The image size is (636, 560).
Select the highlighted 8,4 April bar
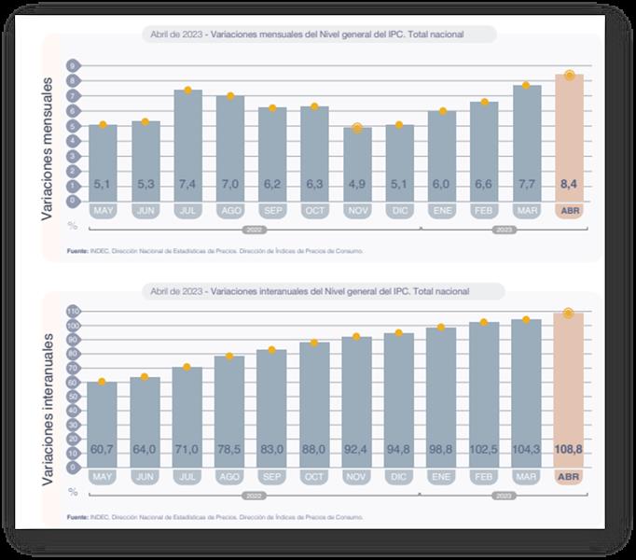570,140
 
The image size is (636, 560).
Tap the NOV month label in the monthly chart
356,212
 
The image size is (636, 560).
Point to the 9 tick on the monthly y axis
72,66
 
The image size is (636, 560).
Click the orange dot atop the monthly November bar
356,128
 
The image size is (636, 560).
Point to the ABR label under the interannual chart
570,477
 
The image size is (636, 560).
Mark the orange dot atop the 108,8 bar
570,314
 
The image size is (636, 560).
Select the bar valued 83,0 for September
271,418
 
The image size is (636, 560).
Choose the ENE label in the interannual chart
441,477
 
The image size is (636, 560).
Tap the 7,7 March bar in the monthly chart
526,145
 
